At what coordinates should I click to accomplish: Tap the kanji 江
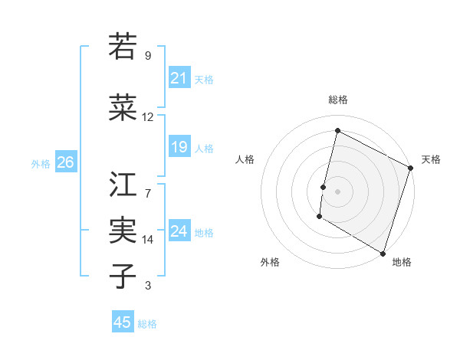(123, 184)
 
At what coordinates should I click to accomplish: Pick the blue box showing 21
(179, 77)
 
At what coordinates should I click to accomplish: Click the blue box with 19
(179, 147)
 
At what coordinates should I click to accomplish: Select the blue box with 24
(179, 231)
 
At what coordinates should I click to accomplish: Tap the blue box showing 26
(65, 162)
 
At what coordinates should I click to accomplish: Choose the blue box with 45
(123, 322)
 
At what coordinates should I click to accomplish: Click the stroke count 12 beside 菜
(148, 117)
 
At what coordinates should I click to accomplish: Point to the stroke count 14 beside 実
(148, 240)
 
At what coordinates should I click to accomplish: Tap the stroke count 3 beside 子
(148, 286)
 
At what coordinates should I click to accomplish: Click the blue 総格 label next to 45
(147, 324)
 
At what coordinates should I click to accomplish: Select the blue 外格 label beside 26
(41, 163)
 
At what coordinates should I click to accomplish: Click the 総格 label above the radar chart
(337, 100)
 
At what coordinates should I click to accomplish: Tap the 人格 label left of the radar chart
(245, 159)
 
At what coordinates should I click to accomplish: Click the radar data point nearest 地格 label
(383, 252)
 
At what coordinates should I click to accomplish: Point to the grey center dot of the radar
(337, 191)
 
